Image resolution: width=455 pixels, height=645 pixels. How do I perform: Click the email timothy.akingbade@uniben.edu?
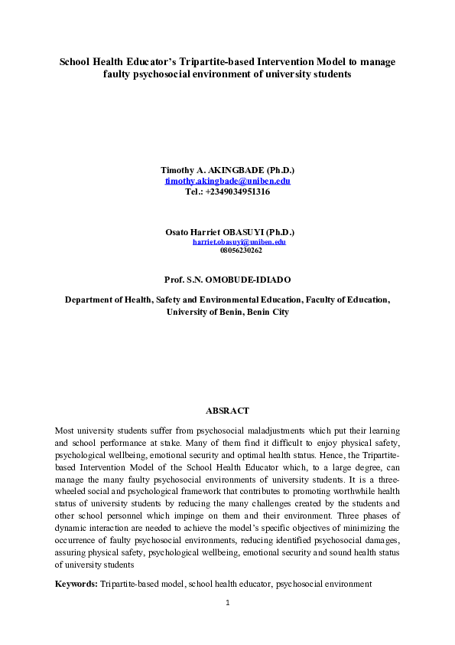[228, 181]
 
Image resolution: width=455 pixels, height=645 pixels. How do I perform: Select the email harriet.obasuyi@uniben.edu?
[239, 241]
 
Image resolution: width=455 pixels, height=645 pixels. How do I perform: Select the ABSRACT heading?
[228, 411]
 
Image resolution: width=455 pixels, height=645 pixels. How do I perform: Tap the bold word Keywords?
[76, 584]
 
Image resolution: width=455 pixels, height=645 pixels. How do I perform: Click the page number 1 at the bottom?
[228, 603]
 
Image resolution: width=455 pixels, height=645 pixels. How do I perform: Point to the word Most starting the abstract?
[67, 431]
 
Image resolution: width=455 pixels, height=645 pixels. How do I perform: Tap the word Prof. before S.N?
[175, 280]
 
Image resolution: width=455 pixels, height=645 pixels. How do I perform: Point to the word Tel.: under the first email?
[195, 192]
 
